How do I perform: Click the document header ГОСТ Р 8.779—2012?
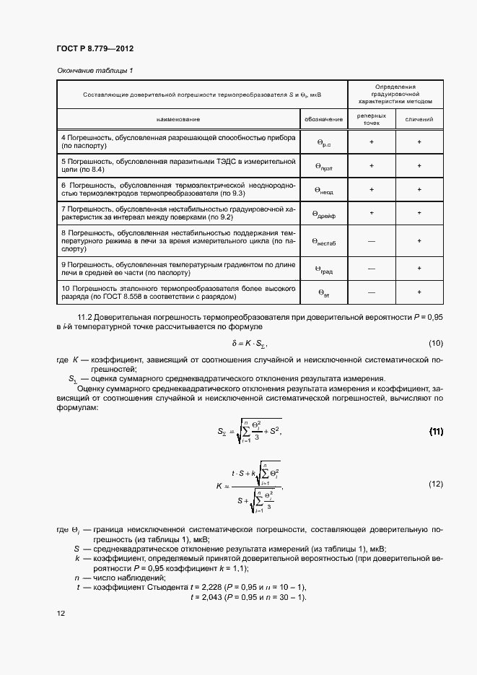(95, 48)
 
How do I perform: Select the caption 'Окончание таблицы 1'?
(95, 70)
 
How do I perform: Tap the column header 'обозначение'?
(323, 118)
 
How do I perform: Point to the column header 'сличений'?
(419, 118)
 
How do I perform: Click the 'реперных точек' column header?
(371, 118)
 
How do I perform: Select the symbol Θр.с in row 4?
(323, 143)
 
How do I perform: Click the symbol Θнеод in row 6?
(323, 190)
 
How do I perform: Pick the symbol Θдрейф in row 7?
(323, 214)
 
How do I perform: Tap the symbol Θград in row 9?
(323, 269)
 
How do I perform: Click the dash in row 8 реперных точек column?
(371, 241)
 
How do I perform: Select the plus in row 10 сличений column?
(419, 292)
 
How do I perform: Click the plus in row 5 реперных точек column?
(371, 165)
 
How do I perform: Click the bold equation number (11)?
(436, 432)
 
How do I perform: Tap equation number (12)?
(435, 484)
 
